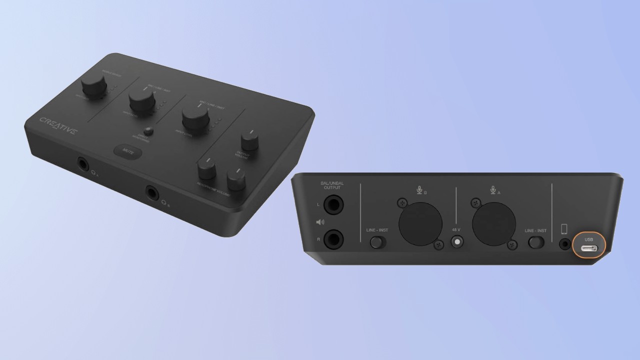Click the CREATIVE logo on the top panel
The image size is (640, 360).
tap(58, 125)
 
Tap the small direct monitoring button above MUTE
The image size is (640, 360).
tap(148, 132)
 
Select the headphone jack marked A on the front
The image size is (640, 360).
tap(83, 163)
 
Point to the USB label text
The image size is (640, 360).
tap(588, 239)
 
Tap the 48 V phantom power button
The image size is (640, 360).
tap(457, 242)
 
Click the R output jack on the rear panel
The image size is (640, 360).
tap(333, 239)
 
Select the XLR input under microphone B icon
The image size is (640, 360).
tap(420, 224)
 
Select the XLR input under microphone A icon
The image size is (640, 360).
tap(494, 224)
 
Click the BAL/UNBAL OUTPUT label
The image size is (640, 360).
tap(332, 185)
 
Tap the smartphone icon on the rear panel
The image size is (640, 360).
tap(564, 229)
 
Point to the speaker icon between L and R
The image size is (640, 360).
tap(319, 222)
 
